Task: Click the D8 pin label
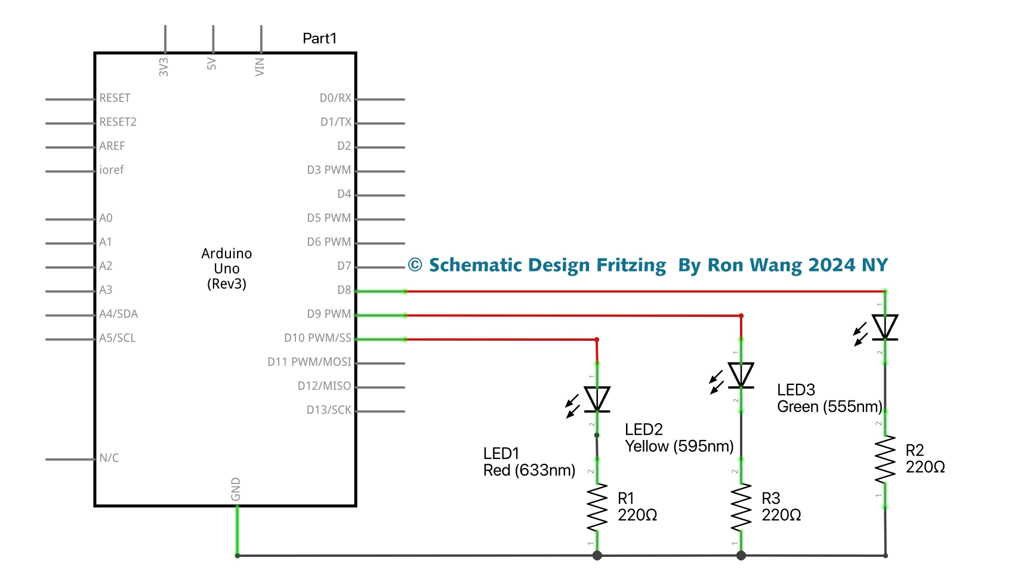tap(344, 290)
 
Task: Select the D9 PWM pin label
tap(329, 314)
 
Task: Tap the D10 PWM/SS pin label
tap(317, 338)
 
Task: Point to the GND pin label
tap(236, 489)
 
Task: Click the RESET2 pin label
tap(118, 122)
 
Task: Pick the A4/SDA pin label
tap(118, 314)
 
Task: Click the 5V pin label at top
tap(212, 64)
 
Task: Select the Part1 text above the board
tap(319, 38)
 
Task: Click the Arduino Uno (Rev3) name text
tap(227, 269)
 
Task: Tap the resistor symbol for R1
tap(597, 507)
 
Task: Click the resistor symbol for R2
tap(885, 459)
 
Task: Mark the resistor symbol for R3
tap(741, 507)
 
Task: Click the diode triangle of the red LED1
tap(597, 399)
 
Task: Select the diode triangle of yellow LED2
tap(741, 375)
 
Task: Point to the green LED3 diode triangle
tap(885, 327)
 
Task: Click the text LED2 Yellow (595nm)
tap(678, 438)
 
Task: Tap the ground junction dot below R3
tap(741, 556)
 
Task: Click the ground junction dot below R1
tap(597, 556)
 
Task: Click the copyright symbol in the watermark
tap(415, 265)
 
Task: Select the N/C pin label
tap(109, 458)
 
